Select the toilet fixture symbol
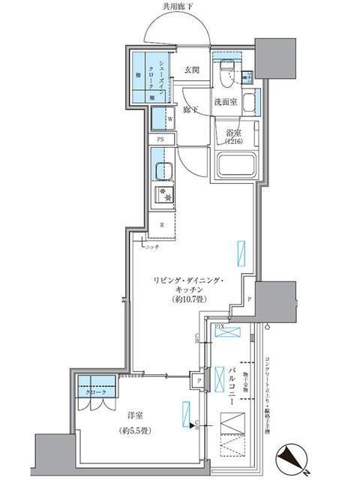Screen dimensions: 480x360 227,74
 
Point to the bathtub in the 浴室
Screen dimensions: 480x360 236,163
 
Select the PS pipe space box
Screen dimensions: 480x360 160,139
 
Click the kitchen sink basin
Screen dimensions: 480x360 161,171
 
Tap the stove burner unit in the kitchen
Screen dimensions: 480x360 163,197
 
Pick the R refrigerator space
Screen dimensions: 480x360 161,223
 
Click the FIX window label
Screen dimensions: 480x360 220,328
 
